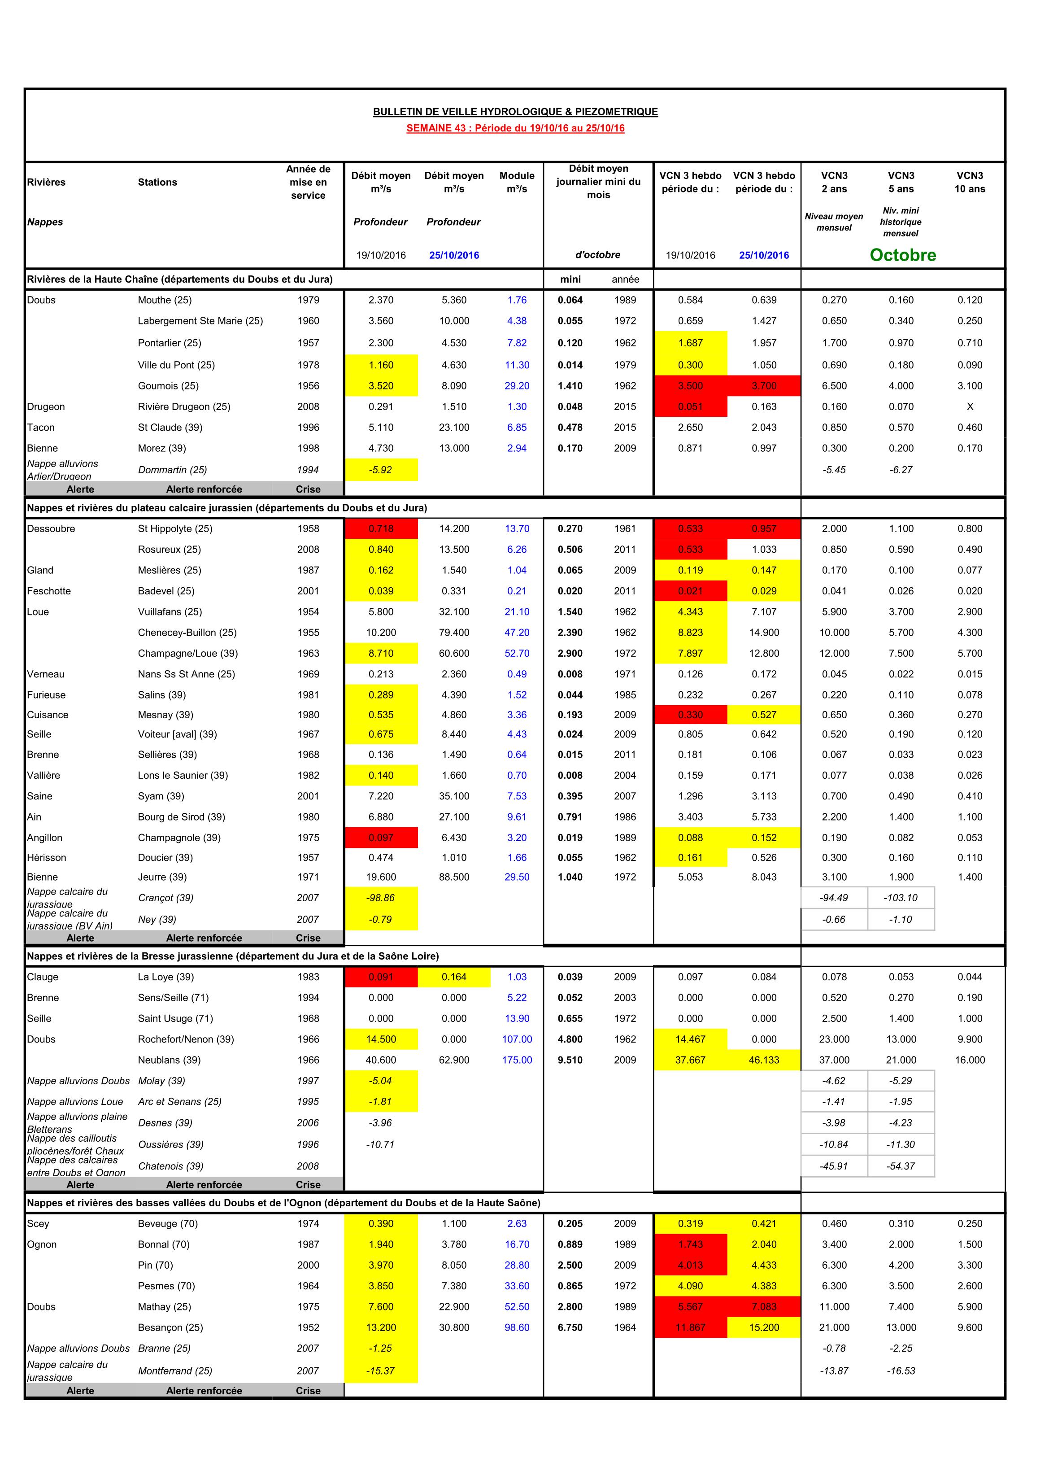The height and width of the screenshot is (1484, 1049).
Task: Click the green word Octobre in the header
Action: [902, 255]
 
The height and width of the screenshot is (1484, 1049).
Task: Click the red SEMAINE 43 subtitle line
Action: [515, 128]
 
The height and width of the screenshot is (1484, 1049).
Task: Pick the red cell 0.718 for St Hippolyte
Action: [381, 529]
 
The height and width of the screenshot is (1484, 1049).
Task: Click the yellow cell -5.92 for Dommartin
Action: [381, 470]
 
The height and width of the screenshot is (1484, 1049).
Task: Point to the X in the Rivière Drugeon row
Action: [970, 406]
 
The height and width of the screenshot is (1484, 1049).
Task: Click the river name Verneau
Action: [46, 674]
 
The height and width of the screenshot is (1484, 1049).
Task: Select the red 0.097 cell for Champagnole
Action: [381, 838]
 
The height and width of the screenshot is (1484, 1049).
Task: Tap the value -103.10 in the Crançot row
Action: [901, 898]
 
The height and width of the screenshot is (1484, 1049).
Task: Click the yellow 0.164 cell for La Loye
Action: [454, 977]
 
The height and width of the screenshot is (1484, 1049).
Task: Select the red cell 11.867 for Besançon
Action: [690, 1327]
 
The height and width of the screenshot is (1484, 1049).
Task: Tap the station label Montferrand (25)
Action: [174, 1371]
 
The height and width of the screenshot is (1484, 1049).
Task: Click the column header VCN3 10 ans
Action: [970, 182]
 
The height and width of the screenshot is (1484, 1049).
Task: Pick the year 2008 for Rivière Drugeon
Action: [308, 406]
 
